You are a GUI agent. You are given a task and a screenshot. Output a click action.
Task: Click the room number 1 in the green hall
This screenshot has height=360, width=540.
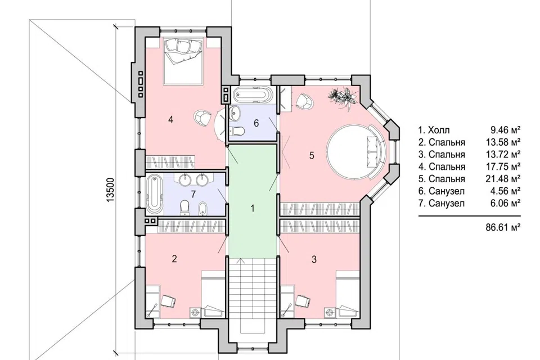pyautogui.click(x=253, y=209)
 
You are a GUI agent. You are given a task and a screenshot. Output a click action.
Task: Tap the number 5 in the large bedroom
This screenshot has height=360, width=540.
pyautogui.click(x=312, y=155)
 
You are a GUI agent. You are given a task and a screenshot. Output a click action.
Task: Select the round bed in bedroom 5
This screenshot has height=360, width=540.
pyautogui.click(x=357, y=152)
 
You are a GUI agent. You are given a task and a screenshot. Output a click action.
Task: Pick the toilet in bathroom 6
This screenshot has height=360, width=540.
pyautogui.click(x=237, y=131)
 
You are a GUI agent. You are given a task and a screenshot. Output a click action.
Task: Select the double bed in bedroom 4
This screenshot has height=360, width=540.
pyautogui.click(x=182, y=61)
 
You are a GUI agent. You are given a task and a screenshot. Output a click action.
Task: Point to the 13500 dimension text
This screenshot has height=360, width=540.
pyautogui.click(x=110, y=190)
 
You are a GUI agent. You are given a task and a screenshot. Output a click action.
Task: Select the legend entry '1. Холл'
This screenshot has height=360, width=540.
pyautogui.click(x=434, y=130)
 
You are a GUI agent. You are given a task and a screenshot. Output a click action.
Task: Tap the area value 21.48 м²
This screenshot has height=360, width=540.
pyautogui.click(x=503, y=178)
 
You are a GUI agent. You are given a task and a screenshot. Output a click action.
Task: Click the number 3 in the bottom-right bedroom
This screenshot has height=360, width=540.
pyautogui.click(x=314, y=259)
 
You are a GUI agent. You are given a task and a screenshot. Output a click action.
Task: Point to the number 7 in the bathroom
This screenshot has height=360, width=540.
pyautogui.click(x=193, y=194)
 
